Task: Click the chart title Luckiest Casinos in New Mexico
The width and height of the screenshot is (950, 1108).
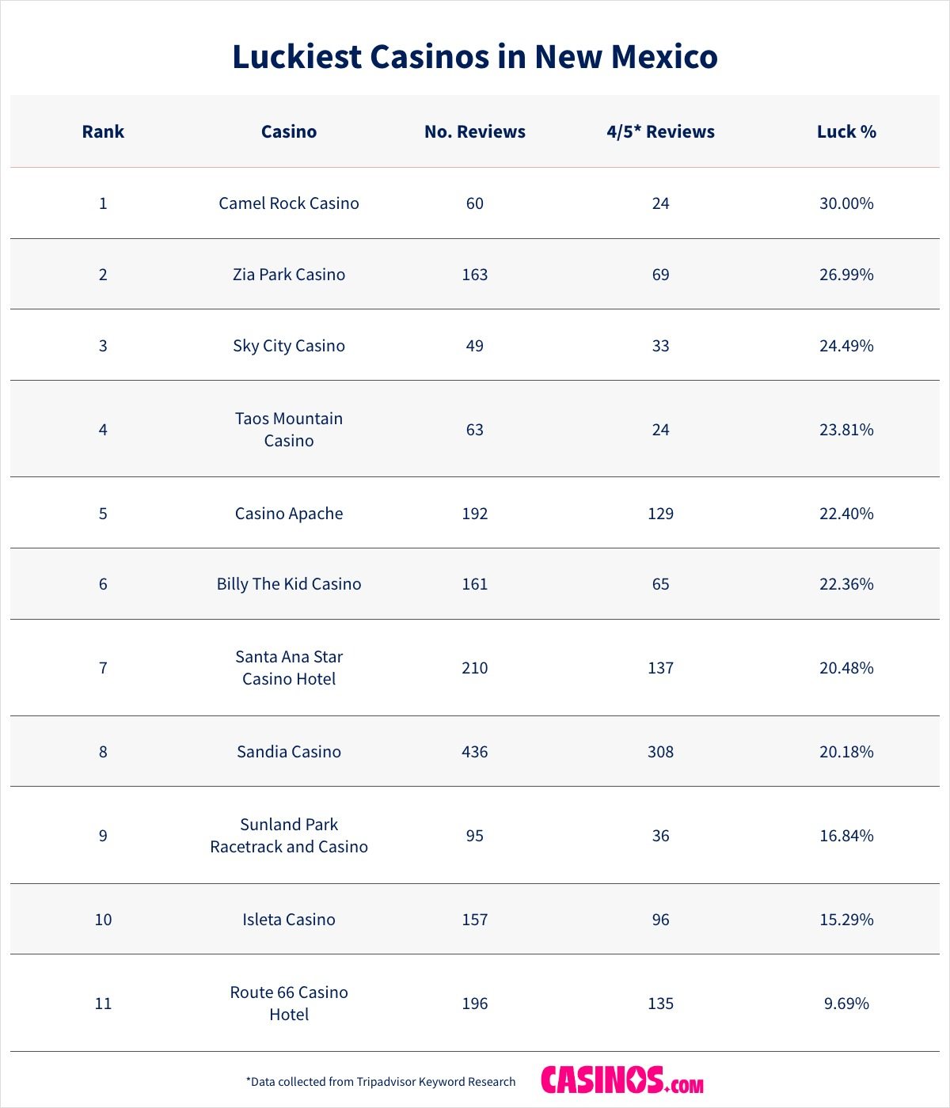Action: pos(475,57)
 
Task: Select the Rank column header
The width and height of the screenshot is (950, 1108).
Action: pos(103,131)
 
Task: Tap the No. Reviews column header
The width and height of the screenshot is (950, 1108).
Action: pos(475,131)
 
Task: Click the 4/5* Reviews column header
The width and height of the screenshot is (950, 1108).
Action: pos(660,131)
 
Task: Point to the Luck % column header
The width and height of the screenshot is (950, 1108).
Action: pos(846,131)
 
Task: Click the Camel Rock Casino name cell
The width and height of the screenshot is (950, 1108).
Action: pos(289,203)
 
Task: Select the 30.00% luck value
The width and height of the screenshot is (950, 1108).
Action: pos(846,203)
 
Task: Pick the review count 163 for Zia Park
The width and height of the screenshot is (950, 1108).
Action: pos(475,275)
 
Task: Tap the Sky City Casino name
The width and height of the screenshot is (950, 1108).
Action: pos(289,346)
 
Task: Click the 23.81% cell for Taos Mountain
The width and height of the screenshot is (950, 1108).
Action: pos(846,430)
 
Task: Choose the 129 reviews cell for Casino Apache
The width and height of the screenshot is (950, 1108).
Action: pos(660,514)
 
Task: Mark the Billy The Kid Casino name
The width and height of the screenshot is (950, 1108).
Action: pos(289,584)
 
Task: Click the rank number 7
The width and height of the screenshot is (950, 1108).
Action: pos(103,668)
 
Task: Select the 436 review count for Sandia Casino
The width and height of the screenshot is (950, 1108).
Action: pos(475,752)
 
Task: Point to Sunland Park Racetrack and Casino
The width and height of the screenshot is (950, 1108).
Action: pos(289,836)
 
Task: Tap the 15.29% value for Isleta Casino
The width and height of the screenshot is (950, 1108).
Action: pos(846,920)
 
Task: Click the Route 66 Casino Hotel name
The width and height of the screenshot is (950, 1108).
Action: pos(289,1004)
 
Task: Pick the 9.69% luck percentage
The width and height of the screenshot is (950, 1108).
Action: pos(846,1004)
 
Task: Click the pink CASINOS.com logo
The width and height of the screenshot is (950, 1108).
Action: pos(621,1081)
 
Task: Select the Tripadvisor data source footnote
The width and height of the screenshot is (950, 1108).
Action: pos(381,1082)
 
